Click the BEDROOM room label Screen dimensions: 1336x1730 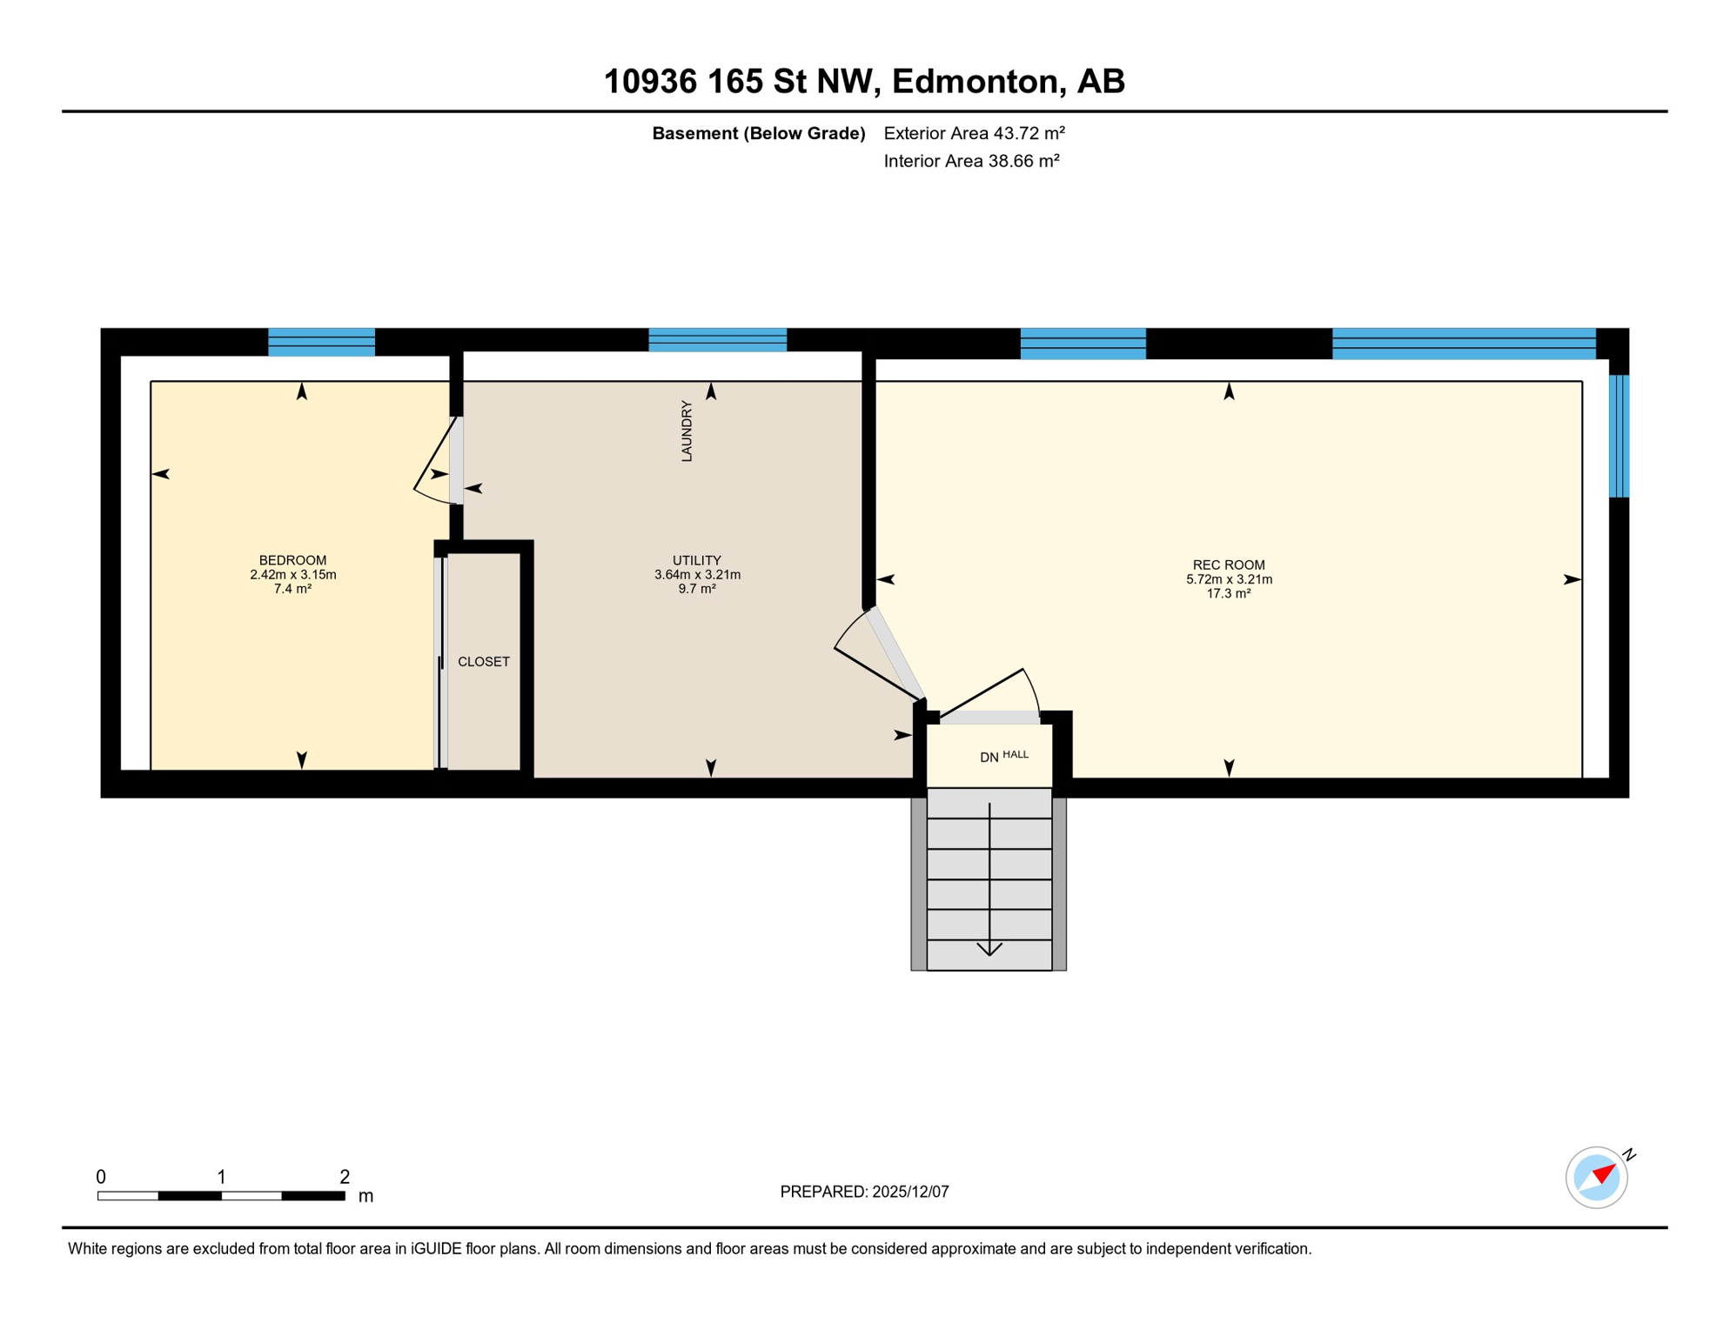292,560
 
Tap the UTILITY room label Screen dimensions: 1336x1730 696,560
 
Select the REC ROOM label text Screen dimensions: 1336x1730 1228,564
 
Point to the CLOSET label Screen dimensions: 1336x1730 483,662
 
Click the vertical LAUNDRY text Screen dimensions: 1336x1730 687,431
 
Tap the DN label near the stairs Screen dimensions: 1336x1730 989,758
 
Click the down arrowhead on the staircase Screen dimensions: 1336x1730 989,948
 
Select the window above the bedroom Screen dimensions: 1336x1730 321,342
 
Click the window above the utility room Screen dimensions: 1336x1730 717,340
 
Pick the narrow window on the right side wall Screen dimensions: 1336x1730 1618,436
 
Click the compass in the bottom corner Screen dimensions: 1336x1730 1596,1177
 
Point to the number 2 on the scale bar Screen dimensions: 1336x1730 345,1177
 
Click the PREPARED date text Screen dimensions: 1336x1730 863,1192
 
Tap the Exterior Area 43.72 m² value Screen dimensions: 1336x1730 974,133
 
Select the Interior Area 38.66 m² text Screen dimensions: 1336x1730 971,161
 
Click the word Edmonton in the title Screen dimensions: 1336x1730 974,81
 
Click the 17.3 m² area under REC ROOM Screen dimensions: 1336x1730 1228,594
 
